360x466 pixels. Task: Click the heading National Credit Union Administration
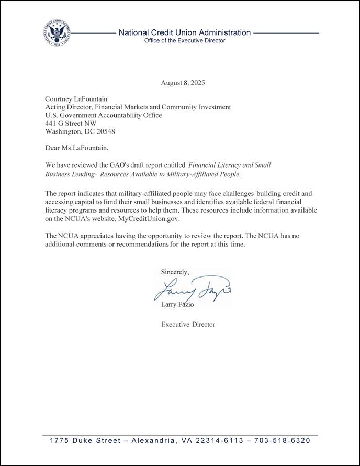coord(185,32)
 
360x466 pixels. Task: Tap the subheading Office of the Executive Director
coord(185,41)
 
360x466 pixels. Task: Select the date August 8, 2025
coord(183,83)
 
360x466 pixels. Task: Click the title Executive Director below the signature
coord(188,325)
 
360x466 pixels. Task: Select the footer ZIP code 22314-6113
coord(220,441)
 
